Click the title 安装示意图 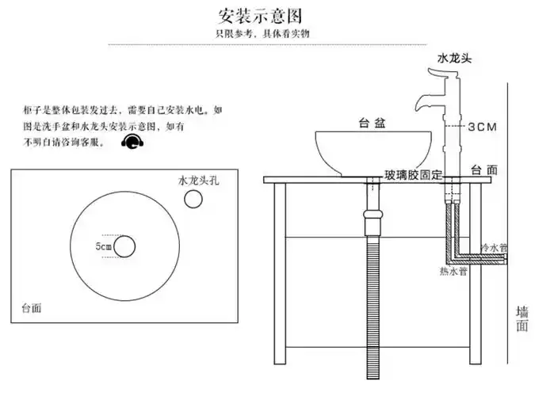click(259, 16)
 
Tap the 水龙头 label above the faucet click(454, 59)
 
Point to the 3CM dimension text click(481, 127)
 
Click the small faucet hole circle click(193, 200)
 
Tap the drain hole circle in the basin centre click(124, 247)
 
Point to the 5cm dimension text click(103, 247)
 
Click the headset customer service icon click(133, 142)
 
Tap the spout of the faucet click(419, 103)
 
